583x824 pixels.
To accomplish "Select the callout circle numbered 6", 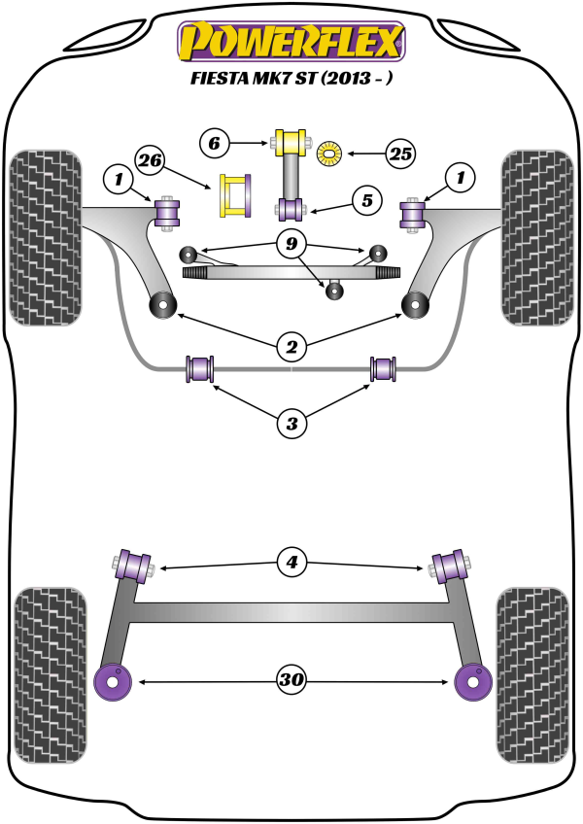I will pos(217,144).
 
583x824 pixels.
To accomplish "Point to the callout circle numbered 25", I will pos(400,153).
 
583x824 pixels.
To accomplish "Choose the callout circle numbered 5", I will pos(366,201).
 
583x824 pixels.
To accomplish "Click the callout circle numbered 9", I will pos(291,244).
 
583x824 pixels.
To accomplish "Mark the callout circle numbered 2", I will pos(291,344).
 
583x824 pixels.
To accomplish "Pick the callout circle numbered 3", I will pos(291,422).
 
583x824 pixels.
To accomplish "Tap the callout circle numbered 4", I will pos(291,562).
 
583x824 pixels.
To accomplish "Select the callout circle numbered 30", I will pos(291,682).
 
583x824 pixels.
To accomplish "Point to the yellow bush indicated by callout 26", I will pos(236,195).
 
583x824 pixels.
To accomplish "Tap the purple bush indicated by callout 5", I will pos(291,207).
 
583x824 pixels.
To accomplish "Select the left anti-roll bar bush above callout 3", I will pos(200,369).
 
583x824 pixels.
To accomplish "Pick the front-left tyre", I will pos(44,236).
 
